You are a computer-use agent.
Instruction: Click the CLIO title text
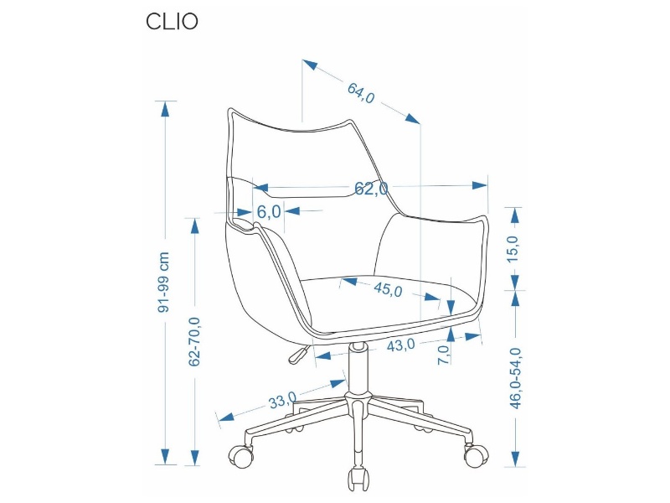coord(172,22)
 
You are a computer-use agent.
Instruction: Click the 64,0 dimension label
coord(360,92)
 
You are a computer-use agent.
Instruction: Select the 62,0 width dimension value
coord(370,189)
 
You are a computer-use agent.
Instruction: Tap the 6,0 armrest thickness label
coord(269,211)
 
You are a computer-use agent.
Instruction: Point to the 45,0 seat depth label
coord(388,290)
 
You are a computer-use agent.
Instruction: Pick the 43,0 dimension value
coord(402,345)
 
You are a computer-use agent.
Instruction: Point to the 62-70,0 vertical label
coord(194,341)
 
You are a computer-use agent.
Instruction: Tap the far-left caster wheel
coord(241,455)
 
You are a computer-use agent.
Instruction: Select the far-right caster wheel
coord(475,455)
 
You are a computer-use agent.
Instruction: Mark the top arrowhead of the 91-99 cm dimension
coord(165,108)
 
